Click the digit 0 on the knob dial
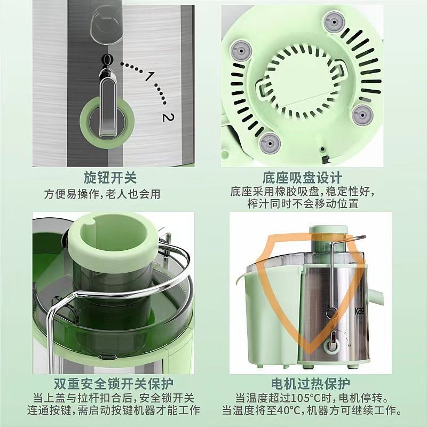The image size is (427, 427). (108, 59)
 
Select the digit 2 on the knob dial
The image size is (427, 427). (168, 117)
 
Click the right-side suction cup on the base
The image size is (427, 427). (362, 113)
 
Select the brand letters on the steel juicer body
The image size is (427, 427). (362, 311)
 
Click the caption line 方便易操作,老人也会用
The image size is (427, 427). (102, 194)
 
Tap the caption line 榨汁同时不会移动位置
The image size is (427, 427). (302, 204)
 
